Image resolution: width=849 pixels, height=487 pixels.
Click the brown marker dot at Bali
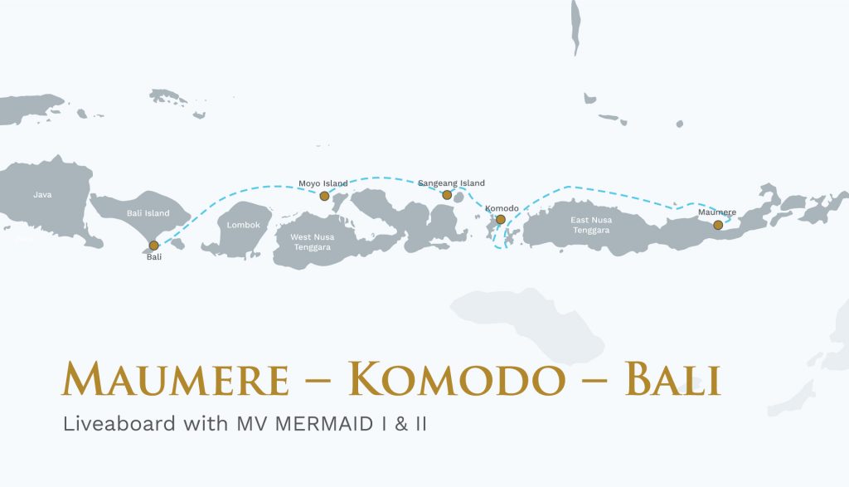click(x=154, y=246)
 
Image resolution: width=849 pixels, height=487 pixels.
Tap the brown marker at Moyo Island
click(x=324, y=196)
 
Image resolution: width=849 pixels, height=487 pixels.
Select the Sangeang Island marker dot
click(x=447, y=195)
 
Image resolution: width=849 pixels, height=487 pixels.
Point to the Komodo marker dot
click(x=500, y=220)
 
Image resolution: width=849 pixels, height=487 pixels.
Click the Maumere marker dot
click(x=718, y=225)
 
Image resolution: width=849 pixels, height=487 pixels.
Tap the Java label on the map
click(x=42, y=195)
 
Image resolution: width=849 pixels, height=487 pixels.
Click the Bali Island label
click(x=148, y=213)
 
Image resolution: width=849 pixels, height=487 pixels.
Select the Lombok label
click(x=243, y=225)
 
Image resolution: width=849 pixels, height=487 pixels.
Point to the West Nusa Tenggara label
click(x=311, y=242)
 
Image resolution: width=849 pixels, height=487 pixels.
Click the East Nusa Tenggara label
click(x=589, y=225)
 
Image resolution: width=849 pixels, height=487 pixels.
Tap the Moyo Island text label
click(x=323, y=183)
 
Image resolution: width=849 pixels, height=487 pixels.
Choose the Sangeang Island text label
click(x=451, y=183)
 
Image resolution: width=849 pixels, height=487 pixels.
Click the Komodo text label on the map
click(x=502, y=207)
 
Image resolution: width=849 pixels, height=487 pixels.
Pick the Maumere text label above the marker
click(x=717, y=212)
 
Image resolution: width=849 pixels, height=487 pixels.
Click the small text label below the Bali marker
click(x=154, y=257)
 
